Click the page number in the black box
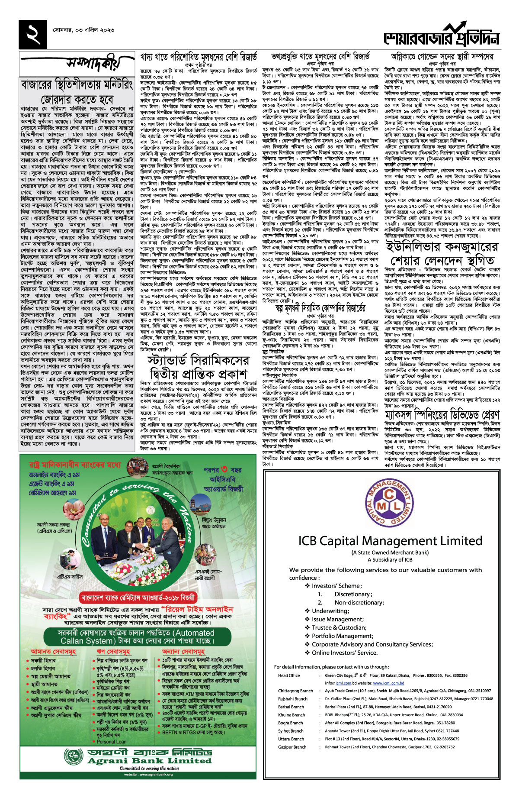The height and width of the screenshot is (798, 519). tap(33, 34)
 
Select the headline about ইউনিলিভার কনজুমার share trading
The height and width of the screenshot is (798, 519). tap(442, 254)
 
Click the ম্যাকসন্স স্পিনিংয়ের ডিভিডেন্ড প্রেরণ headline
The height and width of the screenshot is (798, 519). tap(442, 415)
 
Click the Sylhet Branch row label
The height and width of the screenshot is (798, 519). tap(291, 731)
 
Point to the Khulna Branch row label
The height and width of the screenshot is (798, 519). tap(292, 715)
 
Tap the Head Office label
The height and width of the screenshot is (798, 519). tap(289, 675)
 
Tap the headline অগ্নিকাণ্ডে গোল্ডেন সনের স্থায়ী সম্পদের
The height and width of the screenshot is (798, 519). tap(442, 56)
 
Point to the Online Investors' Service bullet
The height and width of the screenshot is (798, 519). tap(344, 653)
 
